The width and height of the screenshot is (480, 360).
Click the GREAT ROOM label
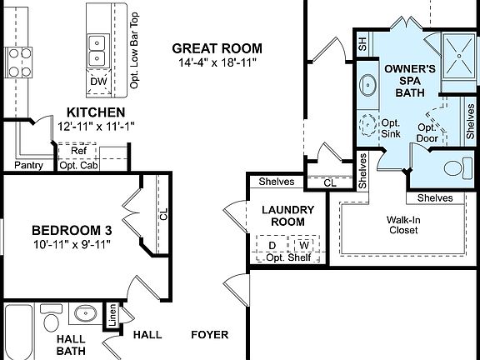[216, 47]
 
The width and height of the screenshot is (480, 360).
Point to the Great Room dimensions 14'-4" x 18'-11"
[217, 62]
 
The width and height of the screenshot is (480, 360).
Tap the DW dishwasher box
[97, 81]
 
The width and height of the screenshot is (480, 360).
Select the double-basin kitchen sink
[97, 49]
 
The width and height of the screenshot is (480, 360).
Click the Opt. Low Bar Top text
[134, 47]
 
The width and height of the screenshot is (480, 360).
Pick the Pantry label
[29, 164]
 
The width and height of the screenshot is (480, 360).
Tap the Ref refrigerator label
[77, 150]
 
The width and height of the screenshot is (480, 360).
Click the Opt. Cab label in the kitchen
[79, 164]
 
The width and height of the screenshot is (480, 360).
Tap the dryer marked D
[271, 245]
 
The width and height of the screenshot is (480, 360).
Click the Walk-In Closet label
[402, 226]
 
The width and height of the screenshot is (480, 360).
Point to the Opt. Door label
[427, 132]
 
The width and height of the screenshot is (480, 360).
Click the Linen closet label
[110, 314]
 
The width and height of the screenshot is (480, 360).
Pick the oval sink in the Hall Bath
[83, 314]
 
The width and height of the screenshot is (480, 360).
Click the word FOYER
[209, 335]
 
